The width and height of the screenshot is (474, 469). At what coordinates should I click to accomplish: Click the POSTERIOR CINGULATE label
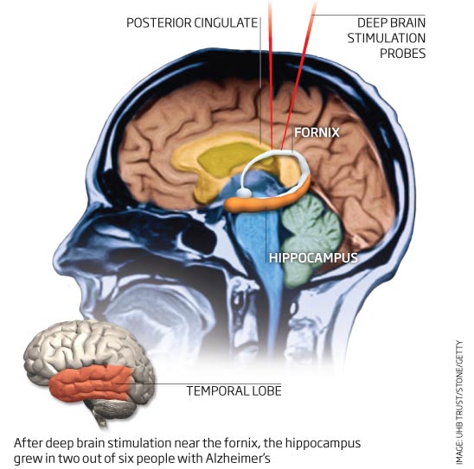pyautogui.click(x=192, y=23)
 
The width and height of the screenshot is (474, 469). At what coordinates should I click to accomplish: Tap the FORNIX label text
pyautogui.click(x=317, y=132)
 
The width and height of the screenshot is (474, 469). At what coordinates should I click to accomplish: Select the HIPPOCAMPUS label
pyautogui.click(x=313, y=257)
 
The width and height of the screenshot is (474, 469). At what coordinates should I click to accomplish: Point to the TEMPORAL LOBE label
pyautogui.click(x=234, y=390)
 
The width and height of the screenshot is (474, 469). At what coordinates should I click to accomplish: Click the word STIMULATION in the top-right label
pyautogui.click(x=387, y=38)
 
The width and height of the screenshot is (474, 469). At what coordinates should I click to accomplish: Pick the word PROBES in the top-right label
pyautogui.click(x=403, y=54)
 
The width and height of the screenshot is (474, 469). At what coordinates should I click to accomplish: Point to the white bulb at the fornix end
pyautogui.click(x=243, y=192)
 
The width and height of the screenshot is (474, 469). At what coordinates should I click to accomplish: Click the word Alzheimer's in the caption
pyautogui.click(x=238, y=458)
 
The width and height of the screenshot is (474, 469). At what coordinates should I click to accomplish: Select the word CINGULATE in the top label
pyautogui.click(x=226, y=23)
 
